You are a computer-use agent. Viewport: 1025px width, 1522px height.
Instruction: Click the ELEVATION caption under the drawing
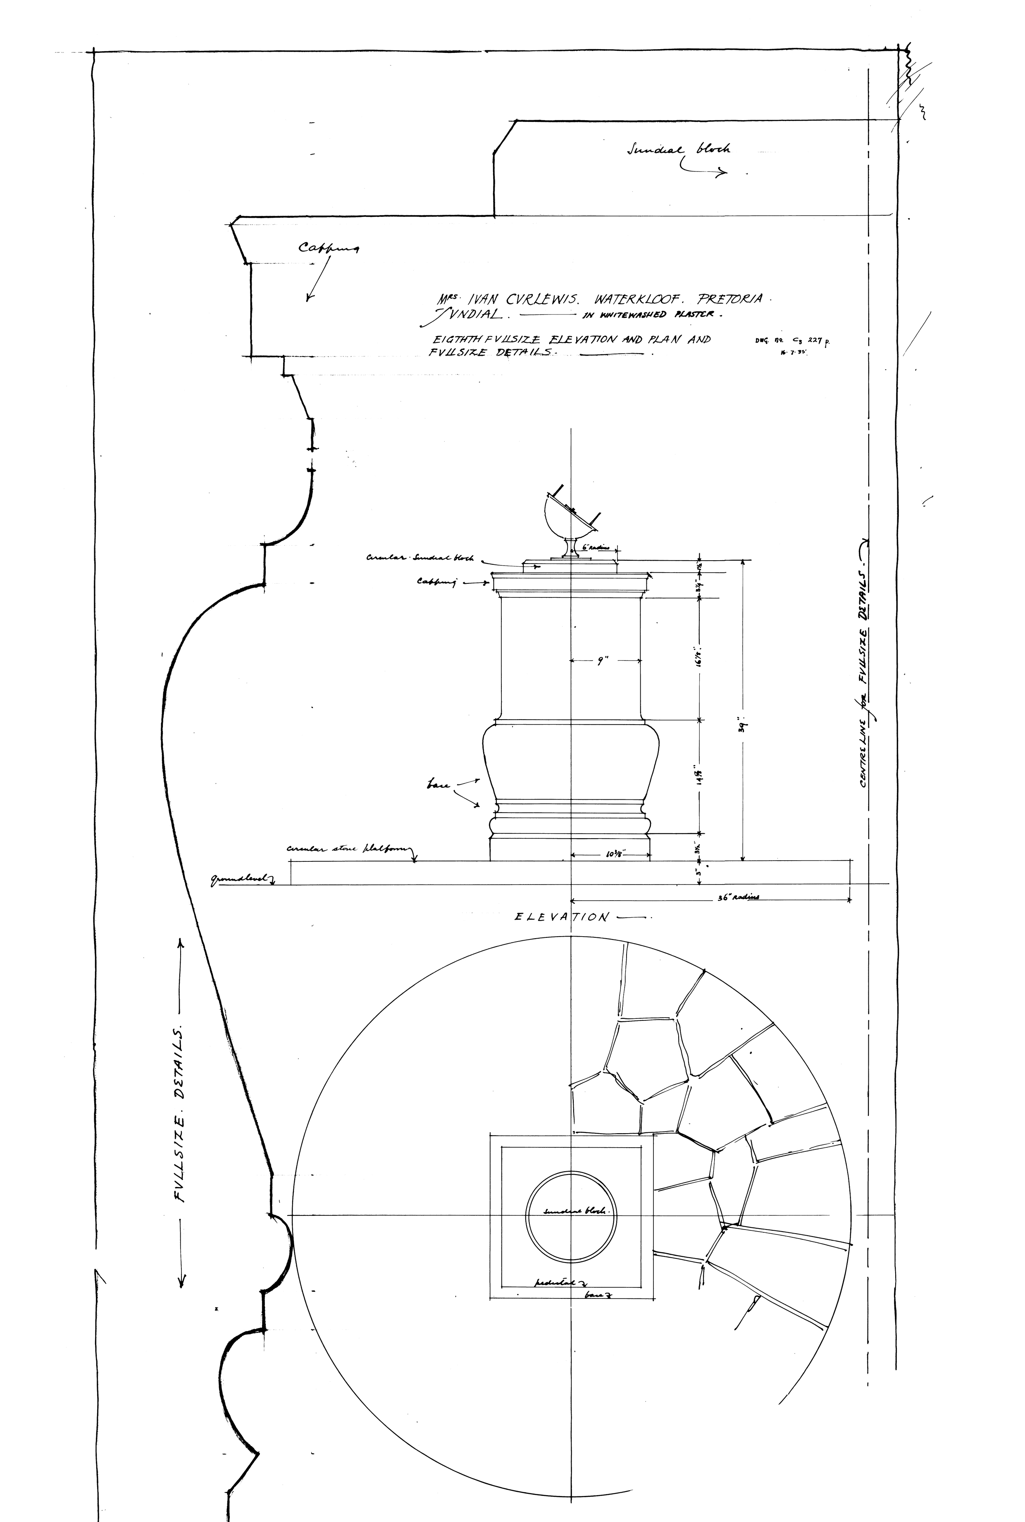tap(562, 917)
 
